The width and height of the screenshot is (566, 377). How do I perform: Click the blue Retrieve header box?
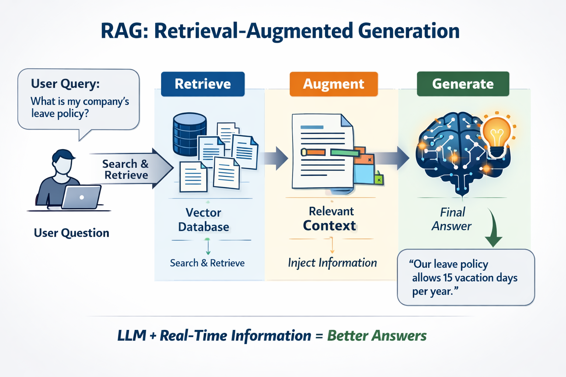(203, 84)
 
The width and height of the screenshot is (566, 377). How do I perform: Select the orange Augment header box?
(333, 84)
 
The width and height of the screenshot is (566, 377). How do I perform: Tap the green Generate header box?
(463, 84)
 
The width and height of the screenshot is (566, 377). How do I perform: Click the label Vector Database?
(203, 220)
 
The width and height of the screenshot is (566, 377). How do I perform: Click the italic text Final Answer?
(452, 219)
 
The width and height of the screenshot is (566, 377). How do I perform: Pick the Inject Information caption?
(332, 263)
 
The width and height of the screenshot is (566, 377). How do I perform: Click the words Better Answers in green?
(377, 336)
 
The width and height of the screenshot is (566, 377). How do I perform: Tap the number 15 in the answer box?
(448, 278)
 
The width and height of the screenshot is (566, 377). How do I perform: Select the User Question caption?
(71, 233)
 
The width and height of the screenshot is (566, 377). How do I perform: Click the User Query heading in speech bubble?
(65, 84)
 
